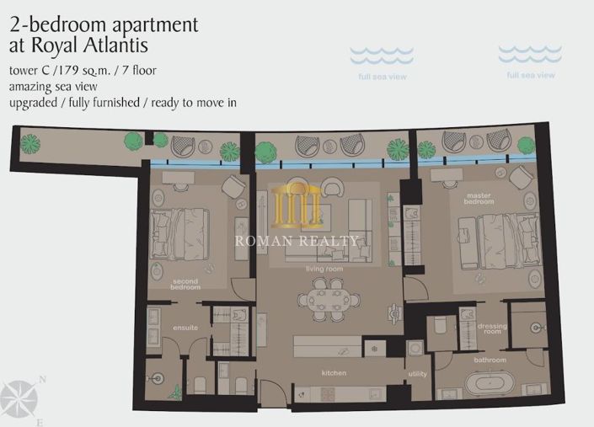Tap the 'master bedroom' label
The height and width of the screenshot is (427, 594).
click(x=479, y=200)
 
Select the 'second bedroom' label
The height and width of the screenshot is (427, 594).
click(x=185, y=284)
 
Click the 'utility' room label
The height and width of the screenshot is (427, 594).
click(x=418, y=373)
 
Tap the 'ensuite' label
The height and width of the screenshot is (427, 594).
click(x=185, y=328)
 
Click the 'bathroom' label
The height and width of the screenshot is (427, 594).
click(x=490, y=360)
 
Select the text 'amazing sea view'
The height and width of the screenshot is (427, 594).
click(x=53, y=86)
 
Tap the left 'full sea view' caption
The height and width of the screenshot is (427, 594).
click(x=383, y=77)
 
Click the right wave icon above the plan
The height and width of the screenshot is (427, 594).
click(x=530, y=55)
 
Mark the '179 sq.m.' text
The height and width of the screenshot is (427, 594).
click(x=83, y=69)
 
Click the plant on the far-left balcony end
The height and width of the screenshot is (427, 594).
click(x=30, y=142)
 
